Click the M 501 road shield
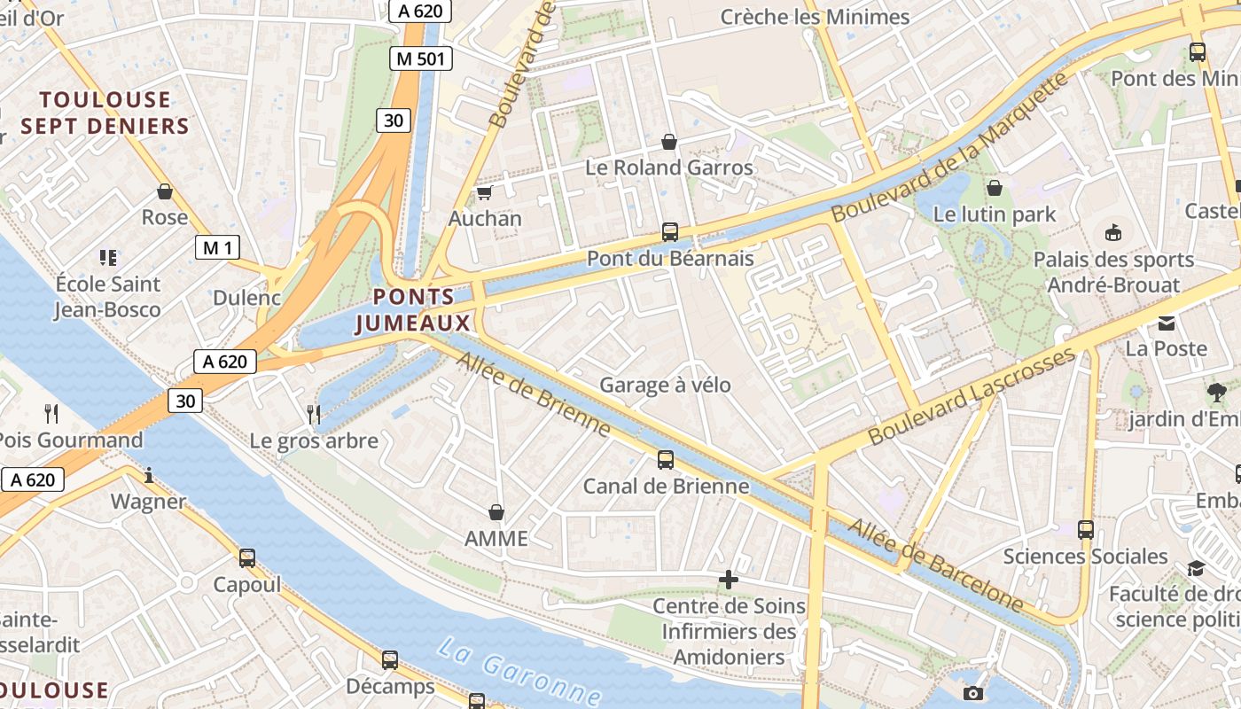(x=421, y=59)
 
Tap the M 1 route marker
(x=217, y=247)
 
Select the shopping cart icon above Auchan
(x=484, y=192)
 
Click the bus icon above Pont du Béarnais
(x=670, y=232)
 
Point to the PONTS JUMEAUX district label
(x=414, y=310)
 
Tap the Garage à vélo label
(x=665, y=385)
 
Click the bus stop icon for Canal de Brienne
(x=666, y=460)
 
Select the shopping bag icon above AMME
(x=496, y=512)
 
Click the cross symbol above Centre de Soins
(x=729, y=580)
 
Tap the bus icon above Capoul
(x=247, y=558)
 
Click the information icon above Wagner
(x=149, y=476)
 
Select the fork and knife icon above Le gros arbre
(x=314, y=414)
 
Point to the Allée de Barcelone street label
(x=935, y=565)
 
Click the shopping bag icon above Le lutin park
(x=995, y=188)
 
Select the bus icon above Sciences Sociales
(x=1086, y=530)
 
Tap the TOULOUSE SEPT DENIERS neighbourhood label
(x=105, y=113)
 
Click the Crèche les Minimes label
(x=815, y=17)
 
